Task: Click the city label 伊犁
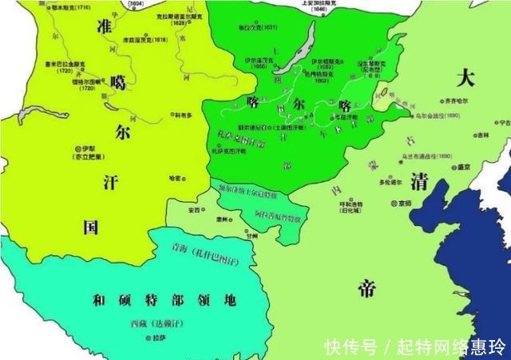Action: (89, 149)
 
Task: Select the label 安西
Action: (194, 210)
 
